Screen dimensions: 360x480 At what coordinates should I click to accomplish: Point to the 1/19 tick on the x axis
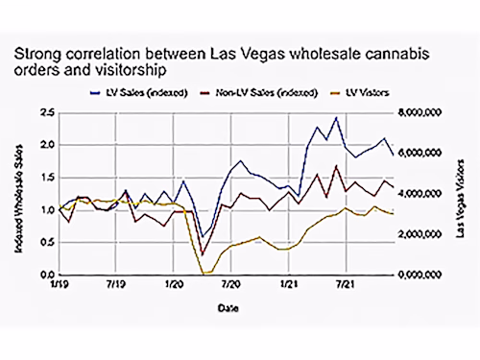(60, 286)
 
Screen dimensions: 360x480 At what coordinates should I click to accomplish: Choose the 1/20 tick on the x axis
(173, 286)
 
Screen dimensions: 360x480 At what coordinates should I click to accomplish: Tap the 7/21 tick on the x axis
(341, 286)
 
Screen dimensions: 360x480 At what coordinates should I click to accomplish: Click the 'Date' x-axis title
(224, 308)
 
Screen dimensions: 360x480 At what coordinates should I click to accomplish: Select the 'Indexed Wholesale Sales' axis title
(19, 195)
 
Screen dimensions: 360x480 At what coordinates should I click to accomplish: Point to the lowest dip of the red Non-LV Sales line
(203, 254)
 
